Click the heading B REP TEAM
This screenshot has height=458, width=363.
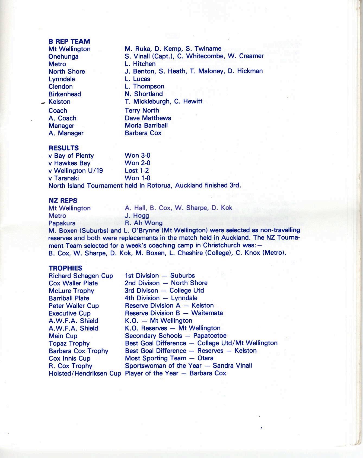pos(69,42)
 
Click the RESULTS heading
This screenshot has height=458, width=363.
pos(64,148)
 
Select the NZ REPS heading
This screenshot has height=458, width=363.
pos(63,201)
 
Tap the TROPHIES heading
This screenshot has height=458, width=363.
pos(65,268)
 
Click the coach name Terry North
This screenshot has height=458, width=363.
pos(142,110)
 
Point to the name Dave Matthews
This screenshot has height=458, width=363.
pos(148,118)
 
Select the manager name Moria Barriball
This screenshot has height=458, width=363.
pos(146,126)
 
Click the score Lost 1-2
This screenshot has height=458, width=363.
pos(137,171)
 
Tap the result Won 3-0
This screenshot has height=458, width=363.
pos(137,155)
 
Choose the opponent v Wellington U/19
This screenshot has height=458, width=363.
pos(76,171)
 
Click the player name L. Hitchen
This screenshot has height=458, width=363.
pos(140,64)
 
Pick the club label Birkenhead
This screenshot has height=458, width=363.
pos(65,94)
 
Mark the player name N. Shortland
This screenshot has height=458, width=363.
pos(144,94)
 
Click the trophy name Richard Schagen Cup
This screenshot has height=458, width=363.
pos(81,276)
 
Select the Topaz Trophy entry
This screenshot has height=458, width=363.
pos(69,343)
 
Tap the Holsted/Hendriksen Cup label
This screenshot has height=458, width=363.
pos(85,374)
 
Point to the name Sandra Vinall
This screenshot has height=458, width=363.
pos(232,366)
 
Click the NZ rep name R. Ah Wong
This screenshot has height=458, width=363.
pos(144,223)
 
